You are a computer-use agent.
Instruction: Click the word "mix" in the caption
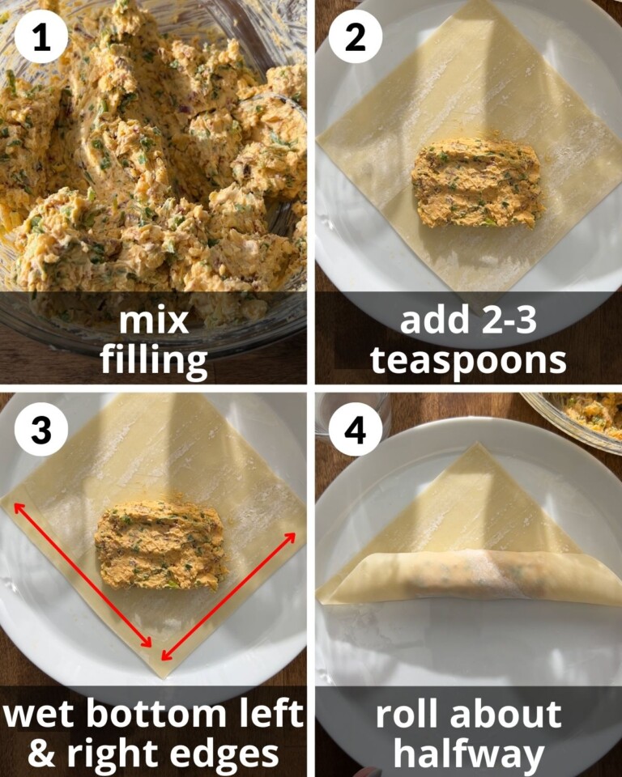154,321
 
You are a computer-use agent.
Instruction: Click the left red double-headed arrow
82,575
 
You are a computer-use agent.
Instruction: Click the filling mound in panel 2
476,181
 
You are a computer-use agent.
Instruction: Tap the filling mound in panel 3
160,544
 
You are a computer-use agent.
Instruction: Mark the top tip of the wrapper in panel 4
479,445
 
